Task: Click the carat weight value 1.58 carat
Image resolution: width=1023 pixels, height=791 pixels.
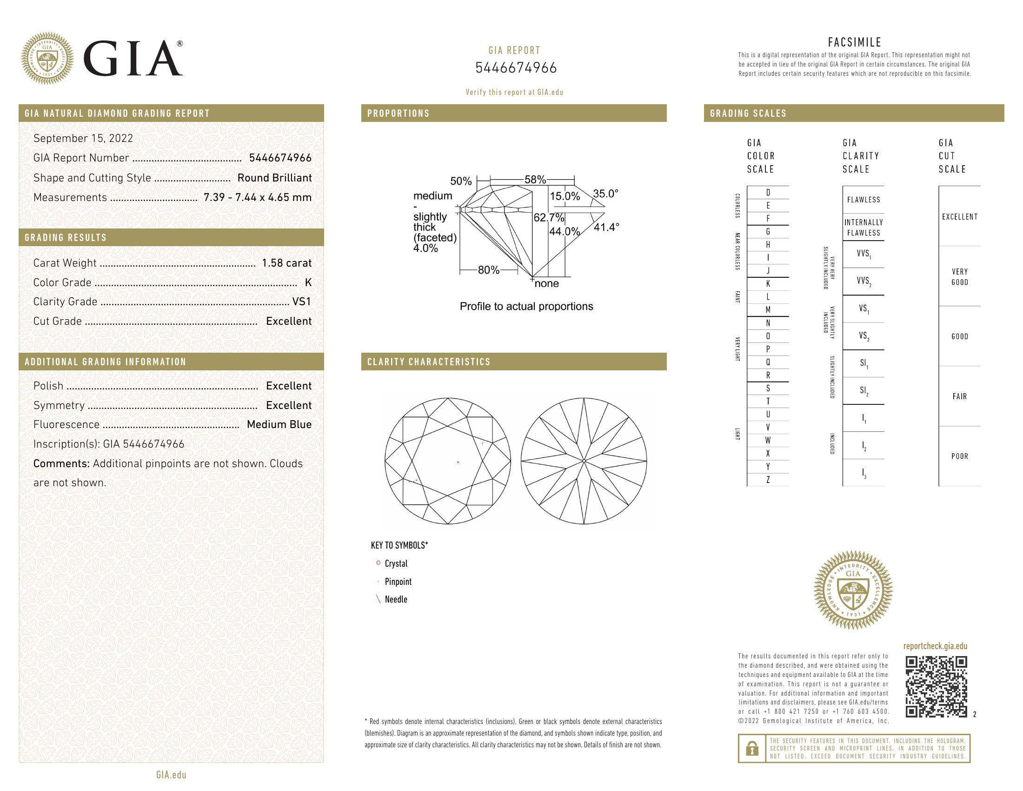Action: point(286,263)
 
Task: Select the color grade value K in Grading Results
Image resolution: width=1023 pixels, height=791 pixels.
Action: point(308,282)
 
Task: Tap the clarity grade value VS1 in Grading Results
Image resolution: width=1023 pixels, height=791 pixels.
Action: point(302,302)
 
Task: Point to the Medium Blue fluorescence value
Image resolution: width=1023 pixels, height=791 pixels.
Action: point(279,424)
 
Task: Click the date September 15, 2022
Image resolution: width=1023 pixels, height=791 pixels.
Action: point(83,138)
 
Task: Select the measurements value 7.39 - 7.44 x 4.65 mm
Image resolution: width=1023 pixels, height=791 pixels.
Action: point(257,197)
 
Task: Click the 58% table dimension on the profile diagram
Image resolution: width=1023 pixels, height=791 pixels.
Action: point(535,180)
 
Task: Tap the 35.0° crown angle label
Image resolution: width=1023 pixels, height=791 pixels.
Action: point(605,194)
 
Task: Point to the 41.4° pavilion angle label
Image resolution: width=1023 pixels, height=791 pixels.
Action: point(606,227)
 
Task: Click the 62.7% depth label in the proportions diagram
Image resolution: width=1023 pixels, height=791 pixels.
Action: point(549,218)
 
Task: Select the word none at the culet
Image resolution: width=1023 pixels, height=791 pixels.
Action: point(547,283)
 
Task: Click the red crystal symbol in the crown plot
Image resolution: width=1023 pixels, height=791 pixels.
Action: point(458,463)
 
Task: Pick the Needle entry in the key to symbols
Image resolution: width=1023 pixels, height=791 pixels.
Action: point(396,599)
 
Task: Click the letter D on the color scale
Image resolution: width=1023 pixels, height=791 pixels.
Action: point(768,193)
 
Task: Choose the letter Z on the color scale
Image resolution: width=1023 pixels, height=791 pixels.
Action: point(768,480)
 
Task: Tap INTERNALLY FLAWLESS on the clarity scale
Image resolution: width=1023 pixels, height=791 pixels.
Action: point(864,228)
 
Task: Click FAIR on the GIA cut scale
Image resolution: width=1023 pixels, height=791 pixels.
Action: point(959,396)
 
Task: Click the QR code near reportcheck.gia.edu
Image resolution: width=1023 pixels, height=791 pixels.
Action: point(936,686)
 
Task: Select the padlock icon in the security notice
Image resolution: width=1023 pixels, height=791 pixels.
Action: point(752,748)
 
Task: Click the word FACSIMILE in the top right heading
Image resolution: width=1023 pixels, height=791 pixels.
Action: point(854,42)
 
